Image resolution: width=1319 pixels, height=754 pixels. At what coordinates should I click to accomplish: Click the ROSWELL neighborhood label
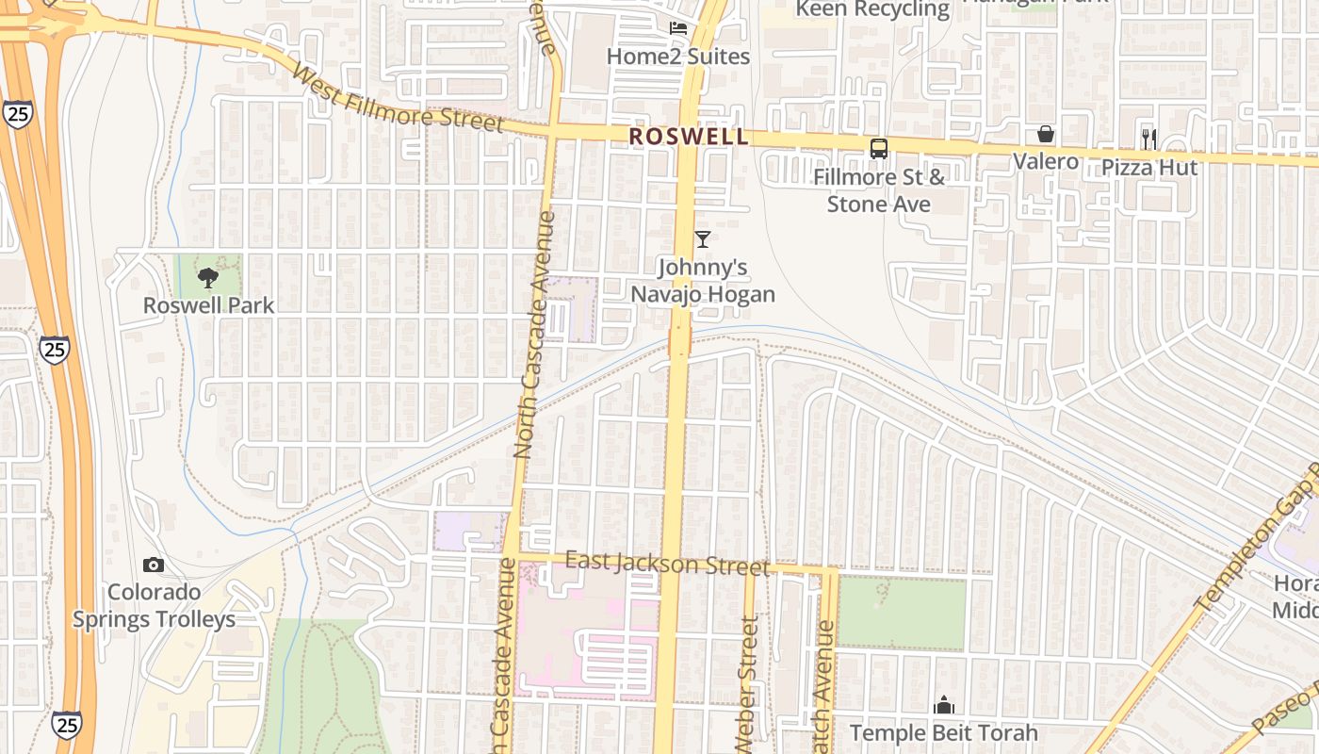pos(689,137)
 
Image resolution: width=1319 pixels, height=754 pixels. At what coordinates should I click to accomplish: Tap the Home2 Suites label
pos(678,57)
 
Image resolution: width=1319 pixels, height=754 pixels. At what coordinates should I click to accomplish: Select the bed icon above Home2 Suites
pos(678,27)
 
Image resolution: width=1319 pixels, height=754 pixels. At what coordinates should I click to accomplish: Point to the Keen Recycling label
pos(872,9)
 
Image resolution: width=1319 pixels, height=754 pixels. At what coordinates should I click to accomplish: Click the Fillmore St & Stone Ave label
pos(879,190)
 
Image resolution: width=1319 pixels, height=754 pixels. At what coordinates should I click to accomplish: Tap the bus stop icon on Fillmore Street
pos(879,148)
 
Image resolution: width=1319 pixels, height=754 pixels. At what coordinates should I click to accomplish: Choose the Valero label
pos(1046,161)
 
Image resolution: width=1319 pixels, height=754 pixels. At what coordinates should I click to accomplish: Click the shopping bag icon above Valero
pos(1046,134)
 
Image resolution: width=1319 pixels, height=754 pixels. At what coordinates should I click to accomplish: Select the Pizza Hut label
pos(1149,168)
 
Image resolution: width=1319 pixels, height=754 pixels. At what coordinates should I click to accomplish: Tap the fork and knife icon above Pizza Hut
pos(1148,139)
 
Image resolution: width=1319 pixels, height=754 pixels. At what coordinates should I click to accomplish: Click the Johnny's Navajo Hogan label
pos(703,281)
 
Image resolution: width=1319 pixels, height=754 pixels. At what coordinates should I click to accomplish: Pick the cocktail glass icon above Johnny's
pos(703,239)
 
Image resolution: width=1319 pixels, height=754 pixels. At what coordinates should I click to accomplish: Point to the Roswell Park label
pos(208,305)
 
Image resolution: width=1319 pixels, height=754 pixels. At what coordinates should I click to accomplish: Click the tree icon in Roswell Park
pos(208,277)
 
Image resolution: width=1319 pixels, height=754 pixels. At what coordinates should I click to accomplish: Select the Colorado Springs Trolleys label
pos(155,606)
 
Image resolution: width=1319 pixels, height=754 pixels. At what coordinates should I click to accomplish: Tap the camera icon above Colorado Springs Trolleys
pos(154,565)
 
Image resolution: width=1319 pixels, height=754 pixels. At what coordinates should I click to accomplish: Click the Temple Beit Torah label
pos(944,733)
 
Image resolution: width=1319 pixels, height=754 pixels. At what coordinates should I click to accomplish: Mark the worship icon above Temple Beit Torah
pos(944,705)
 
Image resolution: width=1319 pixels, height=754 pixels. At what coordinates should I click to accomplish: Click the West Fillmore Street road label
pos(398,98)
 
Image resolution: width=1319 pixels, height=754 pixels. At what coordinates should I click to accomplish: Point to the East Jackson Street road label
pos(667,564)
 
